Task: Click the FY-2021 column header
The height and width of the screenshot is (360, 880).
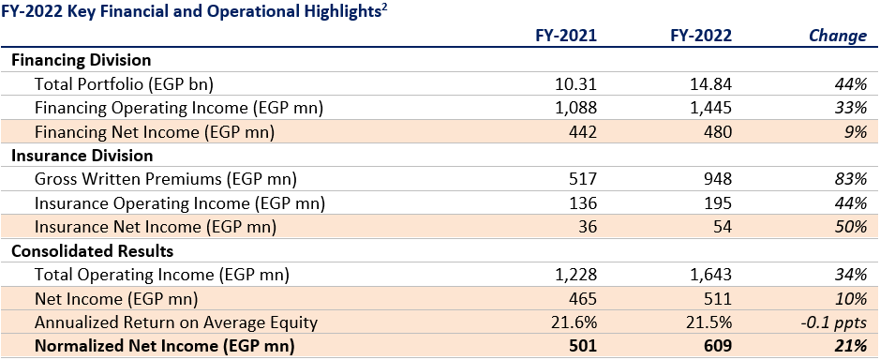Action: coord(565,36)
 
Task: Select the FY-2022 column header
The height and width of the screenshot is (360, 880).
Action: coord(701,36)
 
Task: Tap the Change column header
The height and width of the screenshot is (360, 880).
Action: coord(837,36)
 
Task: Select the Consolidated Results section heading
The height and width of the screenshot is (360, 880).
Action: coord(92,251)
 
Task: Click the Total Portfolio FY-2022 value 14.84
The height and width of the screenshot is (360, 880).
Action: coord(711,83)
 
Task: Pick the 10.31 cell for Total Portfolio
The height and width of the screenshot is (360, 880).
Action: coord(576,83)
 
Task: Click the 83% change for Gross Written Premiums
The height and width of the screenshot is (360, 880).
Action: coord(851,179)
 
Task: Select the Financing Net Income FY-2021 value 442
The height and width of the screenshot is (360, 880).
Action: coord(583,131)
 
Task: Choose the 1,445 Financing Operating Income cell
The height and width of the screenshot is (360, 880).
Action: coord(710,108)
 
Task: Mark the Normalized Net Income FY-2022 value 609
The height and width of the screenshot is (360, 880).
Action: coord(717,347)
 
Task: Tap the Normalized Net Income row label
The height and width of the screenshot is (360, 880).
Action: coord(164,347)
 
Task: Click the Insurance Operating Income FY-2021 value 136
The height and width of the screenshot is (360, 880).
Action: coord(583,203)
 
